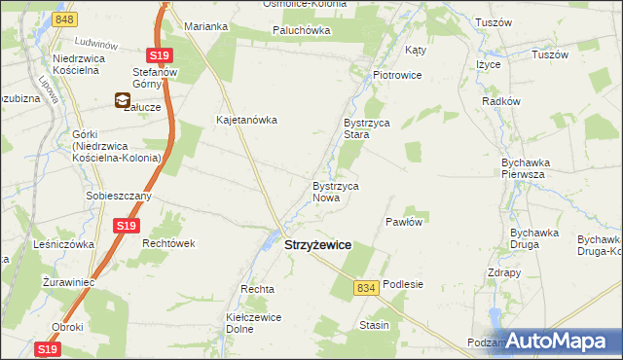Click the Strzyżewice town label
(317, 247)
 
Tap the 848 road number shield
(65, 19)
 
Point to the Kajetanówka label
(247, 121)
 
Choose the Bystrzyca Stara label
(365, 129)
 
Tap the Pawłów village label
(404, 222)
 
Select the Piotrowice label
(396, 74)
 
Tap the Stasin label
(374, 325)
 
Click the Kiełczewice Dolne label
(254, 323)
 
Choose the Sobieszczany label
(118, 196)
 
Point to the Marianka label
(205, 26)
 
